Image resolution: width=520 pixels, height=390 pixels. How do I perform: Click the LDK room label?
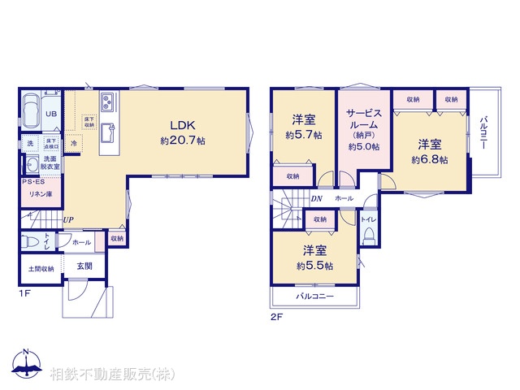point(181,125)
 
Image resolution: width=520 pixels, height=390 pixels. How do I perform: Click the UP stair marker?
point(69,220)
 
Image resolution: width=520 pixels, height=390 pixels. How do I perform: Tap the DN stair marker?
point(316,198)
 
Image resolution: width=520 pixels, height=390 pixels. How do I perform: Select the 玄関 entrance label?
point(84,266)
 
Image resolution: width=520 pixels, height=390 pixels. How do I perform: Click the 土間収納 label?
point(40,269)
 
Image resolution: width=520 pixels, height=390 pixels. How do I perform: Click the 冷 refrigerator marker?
point(73,144)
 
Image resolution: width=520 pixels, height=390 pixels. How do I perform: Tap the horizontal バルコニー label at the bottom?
point(314,297)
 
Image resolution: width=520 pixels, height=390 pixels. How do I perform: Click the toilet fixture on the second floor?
point(369,235)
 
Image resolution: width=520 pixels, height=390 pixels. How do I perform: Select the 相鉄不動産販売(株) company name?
point(111,374)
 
